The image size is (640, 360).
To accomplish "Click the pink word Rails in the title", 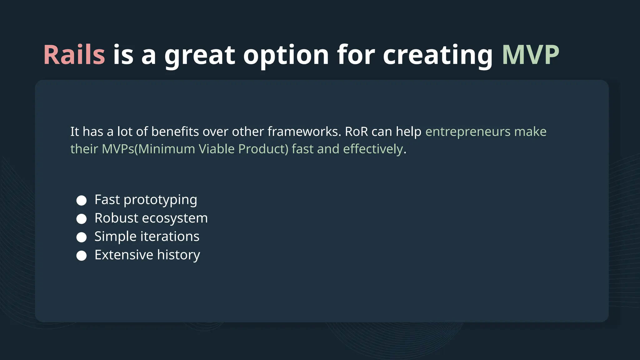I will pos(74,55).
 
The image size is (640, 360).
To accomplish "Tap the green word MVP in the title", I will pos(530,55).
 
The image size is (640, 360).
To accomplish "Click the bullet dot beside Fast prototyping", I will pos(82,200).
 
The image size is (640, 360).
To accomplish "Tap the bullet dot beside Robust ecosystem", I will pos(82,219).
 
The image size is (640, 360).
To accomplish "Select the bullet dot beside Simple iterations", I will pos(82,237).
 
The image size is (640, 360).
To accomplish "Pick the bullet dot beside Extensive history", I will pos(82,256).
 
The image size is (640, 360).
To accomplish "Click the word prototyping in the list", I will pos(160,200).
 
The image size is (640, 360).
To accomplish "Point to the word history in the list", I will pos(178,255).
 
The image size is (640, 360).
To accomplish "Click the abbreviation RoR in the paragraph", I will pos(356,132).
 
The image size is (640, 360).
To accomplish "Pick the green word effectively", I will pos(373,149).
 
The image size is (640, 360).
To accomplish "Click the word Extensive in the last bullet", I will pos(124,255).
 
